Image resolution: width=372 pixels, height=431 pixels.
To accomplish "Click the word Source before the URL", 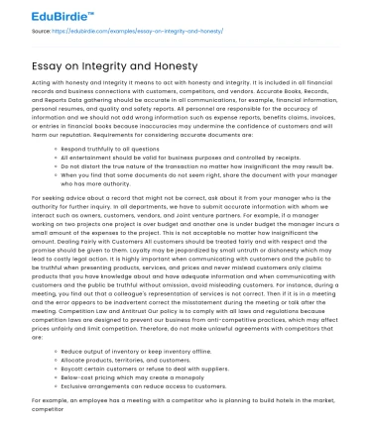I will [x=44, y=32].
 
